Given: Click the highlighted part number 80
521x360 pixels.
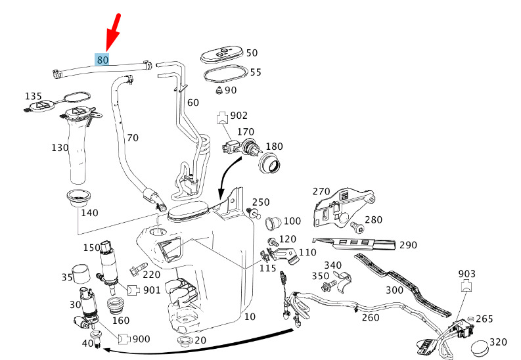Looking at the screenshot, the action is (x=102, y=60).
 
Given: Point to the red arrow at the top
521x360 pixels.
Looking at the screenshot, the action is (x=113, y=33).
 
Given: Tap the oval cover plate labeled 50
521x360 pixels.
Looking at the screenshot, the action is (x=222, y=55).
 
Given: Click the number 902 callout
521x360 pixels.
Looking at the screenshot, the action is (x=239, y=115).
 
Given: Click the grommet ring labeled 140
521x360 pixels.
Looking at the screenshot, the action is (x=78, y=198).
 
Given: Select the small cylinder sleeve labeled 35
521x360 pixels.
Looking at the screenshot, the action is (x=81, y=274).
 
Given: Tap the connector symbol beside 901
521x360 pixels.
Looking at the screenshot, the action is (x=133, y=290).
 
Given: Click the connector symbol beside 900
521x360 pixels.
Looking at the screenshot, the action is (x=124, y=339).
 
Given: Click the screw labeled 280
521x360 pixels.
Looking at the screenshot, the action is (x=357, y=227).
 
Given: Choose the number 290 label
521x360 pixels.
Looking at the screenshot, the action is (x=408, y=245).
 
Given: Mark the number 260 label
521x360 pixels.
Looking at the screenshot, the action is (x=371, y=317).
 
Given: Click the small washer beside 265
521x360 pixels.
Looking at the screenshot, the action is (x=470, y=319).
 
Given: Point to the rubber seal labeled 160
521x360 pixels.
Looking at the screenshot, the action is (x=114, y=305).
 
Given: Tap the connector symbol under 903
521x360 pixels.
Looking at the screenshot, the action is (x=466, y=286).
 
